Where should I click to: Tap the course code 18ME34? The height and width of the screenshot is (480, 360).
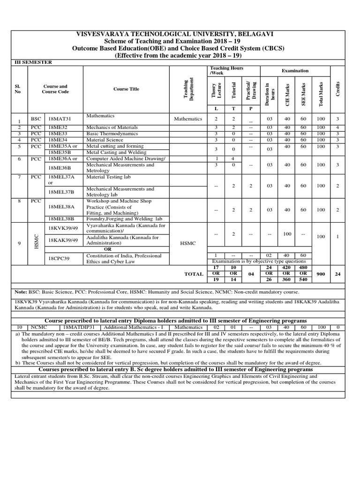click(x=58, y=140)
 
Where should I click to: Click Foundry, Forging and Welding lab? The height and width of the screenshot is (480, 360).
click(x=124, y=219)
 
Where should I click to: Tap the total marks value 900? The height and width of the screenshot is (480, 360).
click(x=321, y=274)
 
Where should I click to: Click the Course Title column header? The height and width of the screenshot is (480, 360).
click(x=126, y=89)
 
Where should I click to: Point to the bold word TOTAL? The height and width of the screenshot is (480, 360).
click(x=194, y=274)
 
